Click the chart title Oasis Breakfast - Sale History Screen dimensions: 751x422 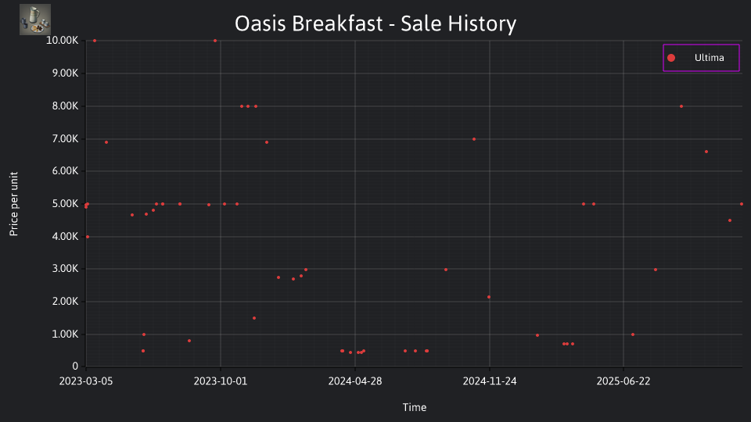375,23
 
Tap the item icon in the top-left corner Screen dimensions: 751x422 35,20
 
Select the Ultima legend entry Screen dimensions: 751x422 701,58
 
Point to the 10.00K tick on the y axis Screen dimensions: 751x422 63,41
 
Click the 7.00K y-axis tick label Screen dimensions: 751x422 65,139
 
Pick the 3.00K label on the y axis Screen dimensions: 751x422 65,268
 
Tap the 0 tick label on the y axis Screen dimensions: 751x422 75,366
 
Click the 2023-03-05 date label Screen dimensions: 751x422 86,381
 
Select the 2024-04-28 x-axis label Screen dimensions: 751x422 355,381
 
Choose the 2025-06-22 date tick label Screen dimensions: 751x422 623,381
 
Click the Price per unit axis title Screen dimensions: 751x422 14,204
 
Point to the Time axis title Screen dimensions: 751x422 415,407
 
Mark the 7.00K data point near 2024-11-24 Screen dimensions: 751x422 474,139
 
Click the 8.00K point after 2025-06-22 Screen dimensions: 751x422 681,106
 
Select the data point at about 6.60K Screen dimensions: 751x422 706,152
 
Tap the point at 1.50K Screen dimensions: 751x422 254,318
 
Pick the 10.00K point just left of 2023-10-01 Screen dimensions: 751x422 215,41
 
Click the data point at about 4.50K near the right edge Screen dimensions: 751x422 730,220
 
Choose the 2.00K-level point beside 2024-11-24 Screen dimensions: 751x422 489,297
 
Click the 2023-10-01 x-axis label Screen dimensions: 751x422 221,381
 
